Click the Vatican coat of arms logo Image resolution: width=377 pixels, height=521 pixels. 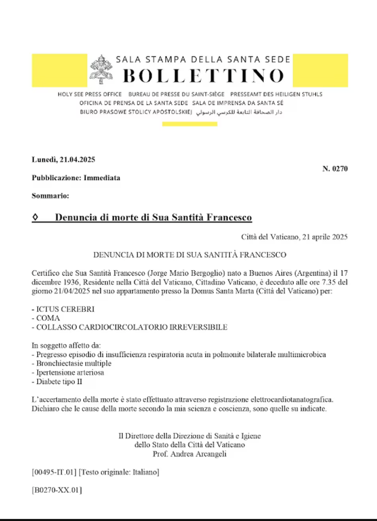pyautogui.click(x=102, y=69)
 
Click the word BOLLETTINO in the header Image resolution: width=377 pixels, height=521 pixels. pyautogui.click(x=203, y=76)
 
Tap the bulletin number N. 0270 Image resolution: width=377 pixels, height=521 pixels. pyautogui.click(x=335, y=168)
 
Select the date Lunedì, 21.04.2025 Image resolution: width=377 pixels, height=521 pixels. pyautogui.click(x=64, y=159)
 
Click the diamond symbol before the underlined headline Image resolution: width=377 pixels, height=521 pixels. pyautogui.click(x=35, y=218)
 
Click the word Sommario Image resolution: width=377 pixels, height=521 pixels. pyautogui.click(x=50, y=196)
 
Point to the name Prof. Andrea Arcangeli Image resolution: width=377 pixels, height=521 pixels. pyautogui.click(x=190, y=454)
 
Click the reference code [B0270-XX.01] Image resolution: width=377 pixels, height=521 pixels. pyautogui.click(x=57, y=490)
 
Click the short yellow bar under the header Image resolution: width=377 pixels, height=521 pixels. pyautogui.click(x=190, y=124)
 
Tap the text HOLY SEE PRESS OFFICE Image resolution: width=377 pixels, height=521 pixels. pyautogui.click(x=90, y=94)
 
